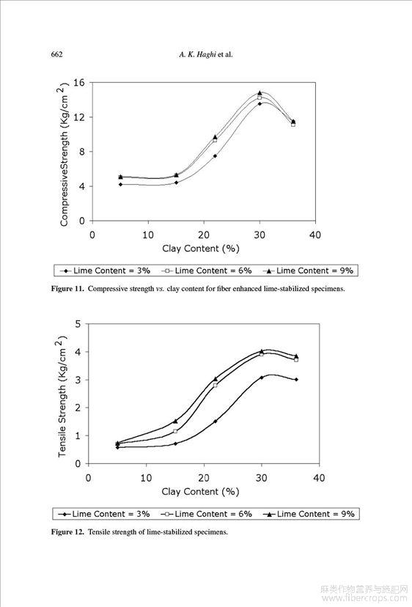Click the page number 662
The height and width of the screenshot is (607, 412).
[57, 54]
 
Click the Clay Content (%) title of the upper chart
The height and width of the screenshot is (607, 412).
[201, 249]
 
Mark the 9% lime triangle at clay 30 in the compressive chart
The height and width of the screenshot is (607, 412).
[260, 93]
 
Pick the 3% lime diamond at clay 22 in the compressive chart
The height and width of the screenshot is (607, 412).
[215, 156]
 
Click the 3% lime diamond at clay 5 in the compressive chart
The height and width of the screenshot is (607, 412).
[120, 184]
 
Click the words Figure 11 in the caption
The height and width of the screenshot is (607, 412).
[67, 289]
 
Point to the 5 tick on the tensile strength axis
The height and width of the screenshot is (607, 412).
[78, 324]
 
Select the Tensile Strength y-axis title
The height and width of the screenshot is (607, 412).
[62, 397]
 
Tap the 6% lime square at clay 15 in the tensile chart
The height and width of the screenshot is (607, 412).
[175, 431]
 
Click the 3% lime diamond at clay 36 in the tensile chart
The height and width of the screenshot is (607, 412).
[296, 380]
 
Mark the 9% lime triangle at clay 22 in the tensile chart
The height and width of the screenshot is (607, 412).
[216, 378]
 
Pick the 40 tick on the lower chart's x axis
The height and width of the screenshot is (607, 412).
[319, 478]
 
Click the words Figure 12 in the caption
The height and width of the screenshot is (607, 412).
[67, 532]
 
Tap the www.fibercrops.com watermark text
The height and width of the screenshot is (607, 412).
[365, 598]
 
